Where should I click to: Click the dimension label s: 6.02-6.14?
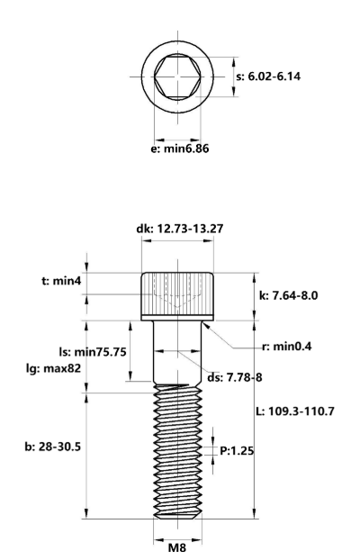(268, 77)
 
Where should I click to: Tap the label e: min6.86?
(180, 149)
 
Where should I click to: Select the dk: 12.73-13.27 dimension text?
(180, 229)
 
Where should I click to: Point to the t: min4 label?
(61, 281)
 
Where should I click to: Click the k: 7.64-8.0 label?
(288, 295)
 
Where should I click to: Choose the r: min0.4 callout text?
(287, 346)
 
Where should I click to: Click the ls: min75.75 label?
(93, 352)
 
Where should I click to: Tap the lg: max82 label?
(53, 368)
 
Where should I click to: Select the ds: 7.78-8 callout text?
(235, 377)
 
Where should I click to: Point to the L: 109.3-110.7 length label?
(295, 411)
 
